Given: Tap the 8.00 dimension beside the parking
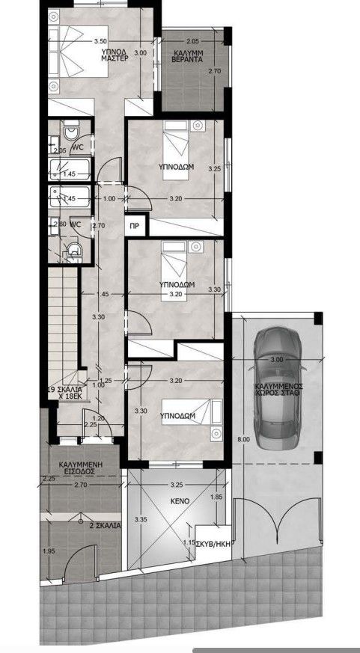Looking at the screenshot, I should (x=241, y=439).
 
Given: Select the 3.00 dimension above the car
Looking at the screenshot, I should (x=277, y=360).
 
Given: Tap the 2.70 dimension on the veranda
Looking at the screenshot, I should (x=214, y=72).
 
